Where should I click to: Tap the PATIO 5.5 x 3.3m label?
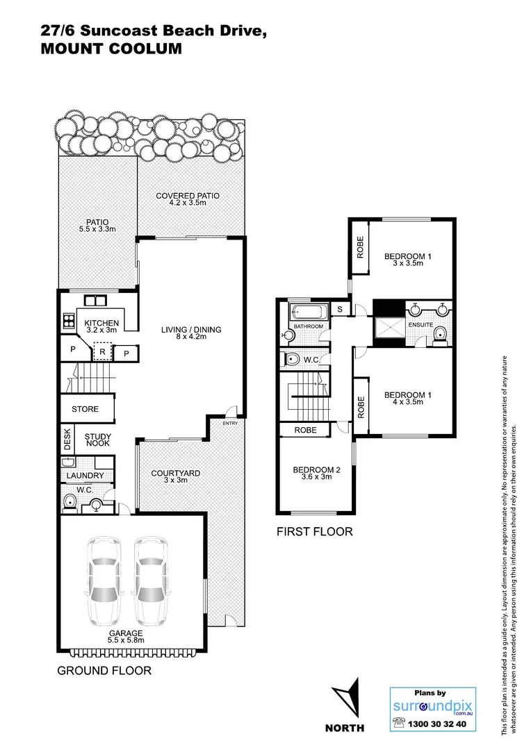click(x=97, y=225)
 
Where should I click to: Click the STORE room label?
click(x=85, y=409)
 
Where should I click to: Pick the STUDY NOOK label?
click(x=98, y=442)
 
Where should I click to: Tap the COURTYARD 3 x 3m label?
click(x=175, y=477)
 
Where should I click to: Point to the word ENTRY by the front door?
click(x=229, y=423)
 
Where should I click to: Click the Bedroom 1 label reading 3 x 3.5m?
click(x=408, y=260)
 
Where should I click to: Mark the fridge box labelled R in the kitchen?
click(x=103, y=352)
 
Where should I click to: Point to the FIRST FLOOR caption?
click(x=316, y=532)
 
